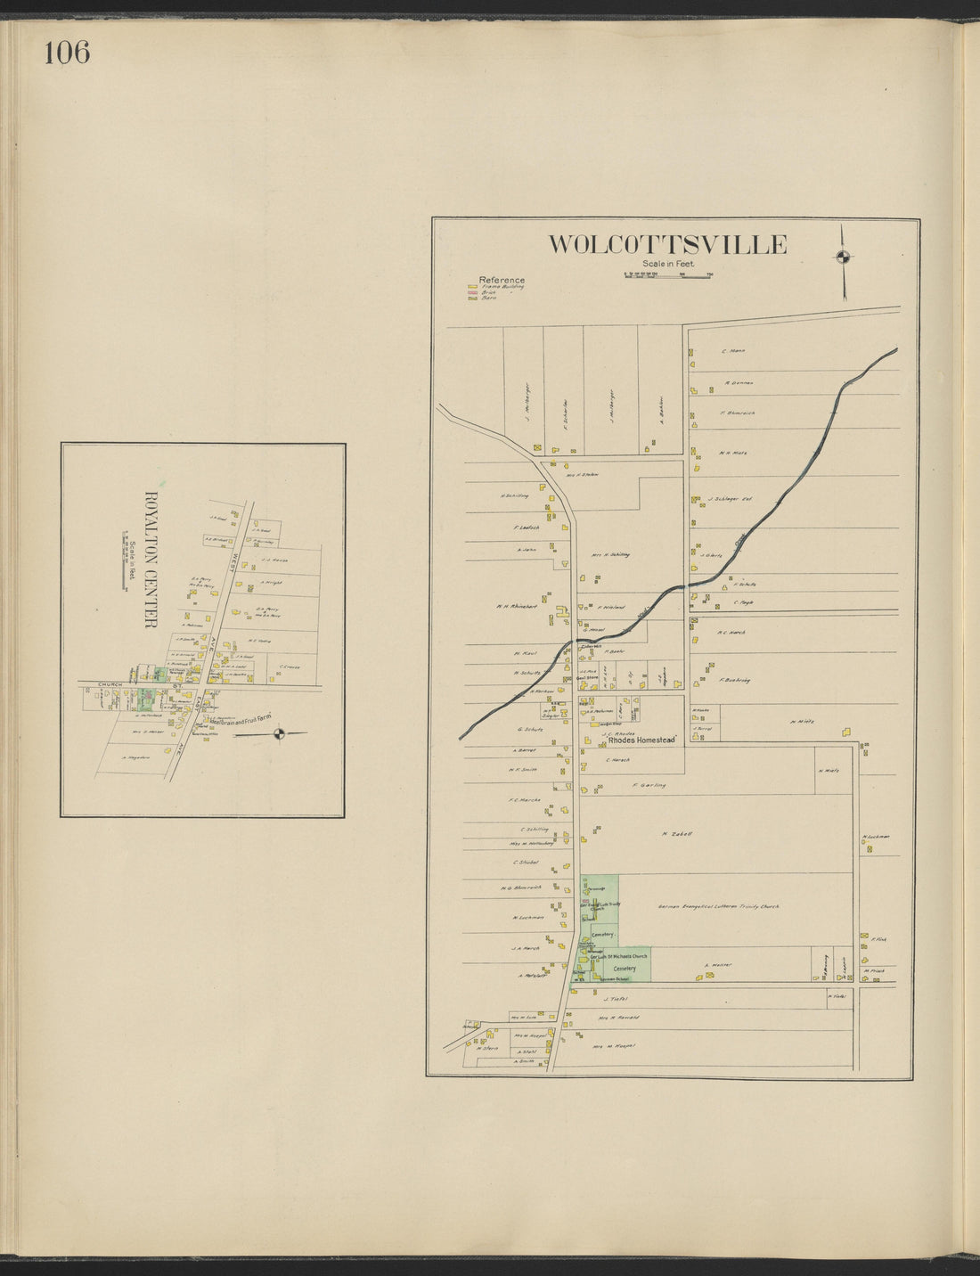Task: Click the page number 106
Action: tap(67, 53)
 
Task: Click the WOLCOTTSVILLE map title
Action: tap(666, 244)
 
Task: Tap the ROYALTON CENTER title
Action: tap(150, 559)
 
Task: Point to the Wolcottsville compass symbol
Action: tap(842, 258)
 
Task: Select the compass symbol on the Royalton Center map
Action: tap(280, 733)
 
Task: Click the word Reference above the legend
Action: tap(502, 280)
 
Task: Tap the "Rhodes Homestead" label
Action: tap(643, 740)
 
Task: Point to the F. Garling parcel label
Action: tap(649, 785)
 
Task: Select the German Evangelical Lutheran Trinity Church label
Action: tap(718, 906)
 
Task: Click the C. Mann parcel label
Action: tap(733, 351)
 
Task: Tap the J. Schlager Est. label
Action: tap(731, 499)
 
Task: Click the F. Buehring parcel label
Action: tap(735, 680)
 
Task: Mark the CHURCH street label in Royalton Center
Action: tap(110, 684)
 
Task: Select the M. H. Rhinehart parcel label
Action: tap(518, 607)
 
